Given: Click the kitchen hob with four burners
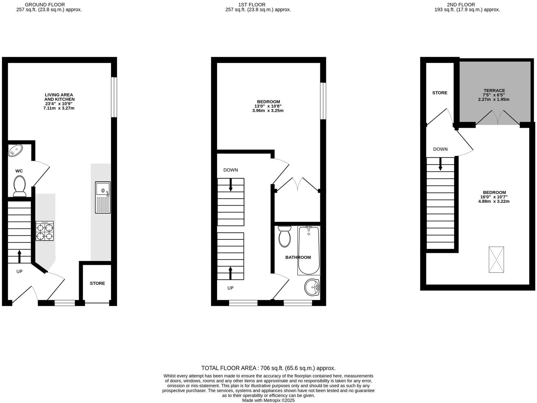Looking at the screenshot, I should (45, 231).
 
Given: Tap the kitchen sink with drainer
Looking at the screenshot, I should (103, 197).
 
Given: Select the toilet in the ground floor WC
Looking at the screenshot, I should (20, 186).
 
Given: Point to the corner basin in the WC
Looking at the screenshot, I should (15, 150).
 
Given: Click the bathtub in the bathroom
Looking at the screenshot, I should (309, 250).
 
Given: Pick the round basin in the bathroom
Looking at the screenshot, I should (312, 287).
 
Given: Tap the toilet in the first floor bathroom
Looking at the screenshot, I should (284, 236).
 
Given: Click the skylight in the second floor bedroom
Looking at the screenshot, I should (496, 259).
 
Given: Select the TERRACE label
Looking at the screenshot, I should (494, 91).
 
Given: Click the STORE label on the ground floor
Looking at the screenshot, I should (97, 283).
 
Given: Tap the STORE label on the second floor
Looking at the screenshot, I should (440, 93).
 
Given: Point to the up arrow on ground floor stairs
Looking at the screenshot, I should (19, 256).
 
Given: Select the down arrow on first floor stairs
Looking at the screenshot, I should (231, 185).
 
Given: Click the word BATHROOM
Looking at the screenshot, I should (298, 257).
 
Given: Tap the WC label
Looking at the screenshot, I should (19, 171).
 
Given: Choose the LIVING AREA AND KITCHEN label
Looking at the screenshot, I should (59, 97).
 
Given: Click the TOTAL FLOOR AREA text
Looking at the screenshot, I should (268, 368).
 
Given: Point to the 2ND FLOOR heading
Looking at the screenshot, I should (461, 5).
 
